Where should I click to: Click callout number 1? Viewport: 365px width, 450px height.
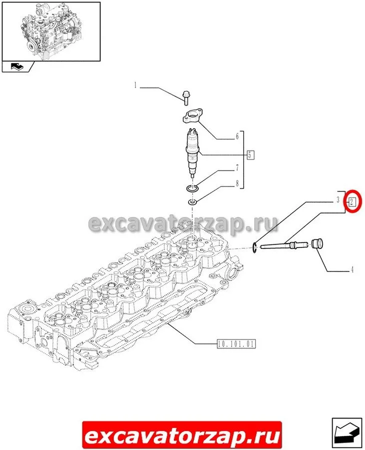pyautogui.click(x=135, y=85)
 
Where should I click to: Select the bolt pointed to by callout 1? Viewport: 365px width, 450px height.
pyautogui.click(x=185, y=98)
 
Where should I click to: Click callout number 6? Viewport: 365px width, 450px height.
pyautogui.click(x=237, y=136)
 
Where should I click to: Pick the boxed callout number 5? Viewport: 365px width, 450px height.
pyautogui.click(x=250, y=155)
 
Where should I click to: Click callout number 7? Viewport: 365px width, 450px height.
pyautogui.click(x=237, y=167)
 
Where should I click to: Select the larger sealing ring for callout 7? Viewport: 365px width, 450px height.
pyautogui.click(x=192, y=189)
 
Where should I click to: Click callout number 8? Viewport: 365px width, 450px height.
pyautogui.click(x=237, y=183)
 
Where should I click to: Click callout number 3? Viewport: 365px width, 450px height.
pyautogui.click(x=338, y=199)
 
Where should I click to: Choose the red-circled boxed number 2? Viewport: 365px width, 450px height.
pyautogui.click(x=352, y=202)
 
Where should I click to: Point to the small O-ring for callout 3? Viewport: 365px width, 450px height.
pyautogui.click(x=255, y=247)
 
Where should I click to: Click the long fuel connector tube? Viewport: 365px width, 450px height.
pyautogui.click(x=284, y=245)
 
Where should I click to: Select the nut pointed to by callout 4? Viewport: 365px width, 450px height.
pyautogui.click(x=317, y=244)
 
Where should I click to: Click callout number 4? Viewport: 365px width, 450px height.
pyautogui.click(x=352, y=269)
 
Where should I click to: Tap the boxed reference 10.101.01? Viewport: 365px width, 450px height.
pyautogui.click(x=236, y=344)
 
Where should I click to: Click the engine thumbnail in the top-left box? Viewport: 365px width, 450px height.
pyautogui.click(x=51, y=31)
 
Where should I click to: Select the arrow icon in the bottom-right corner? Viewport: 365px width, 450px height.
pyautogui.click(x=347, y=433)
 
